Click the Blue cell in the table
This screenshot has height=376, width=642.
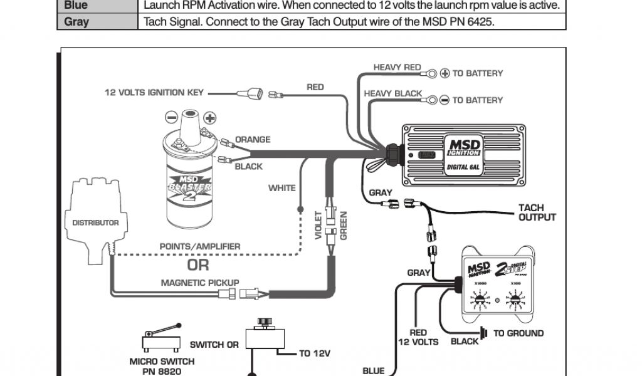click(76, 5)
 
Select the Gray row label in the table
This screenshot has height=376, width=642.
click(76, 21)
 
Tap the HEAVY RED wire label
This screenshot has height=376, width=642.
click(397, 67)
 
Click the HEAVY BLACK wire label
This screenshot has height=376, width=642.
click(393, 93)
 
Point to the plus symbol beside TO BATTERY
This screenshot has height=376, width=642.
click(445, 73)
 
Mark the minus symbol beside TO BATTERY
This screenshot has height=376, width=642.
click(445, 100)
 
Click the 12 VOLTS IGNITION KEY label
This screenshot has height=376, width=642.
click(154, 93)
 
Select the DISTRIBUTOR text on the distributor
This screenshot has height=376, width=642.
click(95, 222)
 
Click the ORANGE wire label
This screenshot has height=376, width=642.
click(253, 140)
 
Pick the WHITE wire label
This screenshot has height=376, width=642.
click(282, 188)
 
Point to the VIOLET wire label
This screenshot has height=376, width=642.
click(318, 226)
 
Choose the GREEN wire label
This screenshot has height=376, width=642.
click(344, 226)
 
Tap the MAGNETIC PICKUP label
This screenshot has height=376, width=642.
click(200, 283)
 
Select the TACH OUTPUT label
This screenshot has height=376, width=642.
click(537, 212)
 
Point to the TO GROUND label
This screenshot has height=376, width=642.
click(518, 333)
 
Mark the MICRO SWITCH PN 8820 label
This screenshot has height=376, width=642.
click(162, 366)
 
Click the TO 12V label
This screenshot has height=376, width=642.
click(314, 353)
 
